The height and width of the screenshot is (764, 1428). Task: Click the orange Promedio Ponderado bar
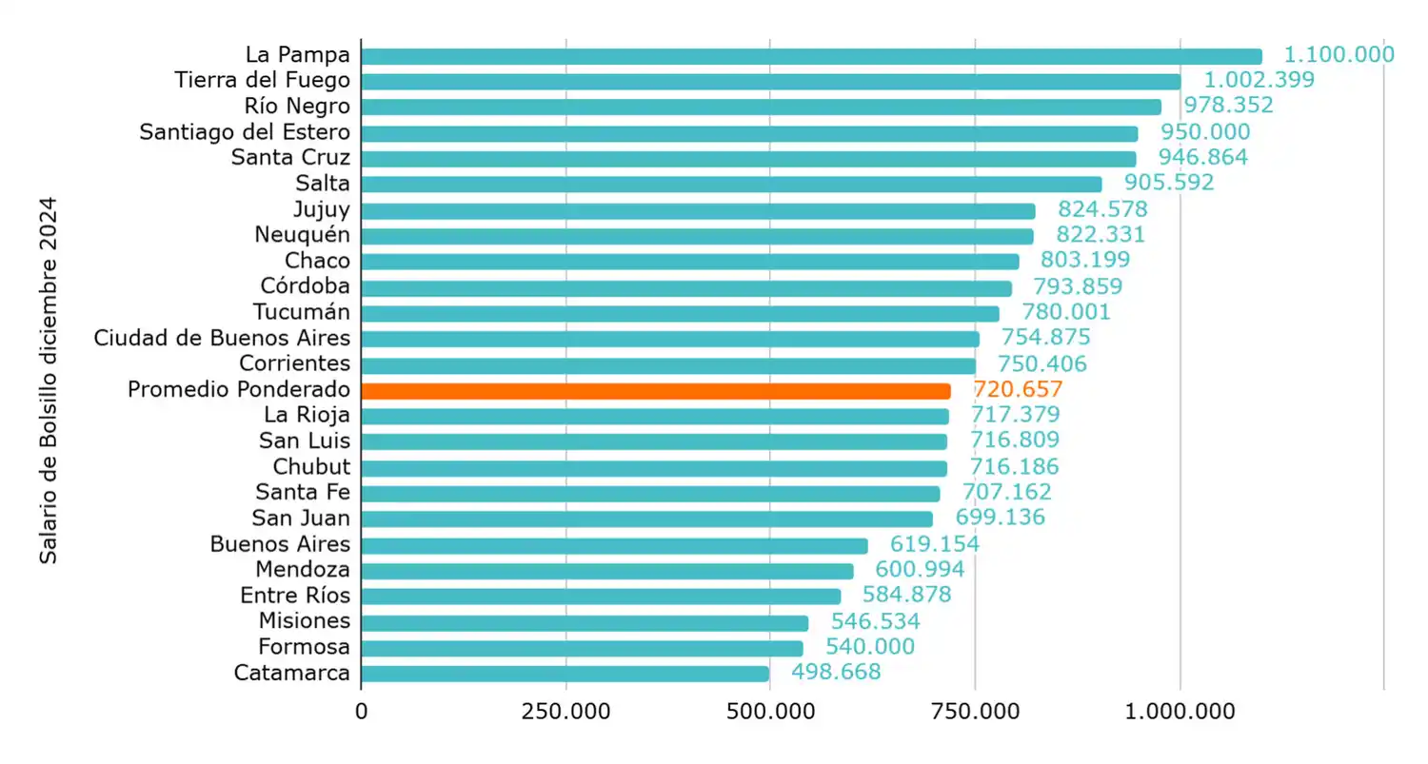(656, 390)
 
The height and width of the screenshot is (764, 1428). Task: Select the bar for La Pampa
(811, 56)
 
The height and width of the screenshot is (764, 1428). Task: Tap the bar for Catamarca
(565, 674)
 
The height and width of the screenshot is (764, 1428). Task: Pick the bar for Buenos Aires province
(614, 545)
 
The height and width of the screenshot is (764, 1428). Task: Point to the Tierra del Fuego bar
(770, 81)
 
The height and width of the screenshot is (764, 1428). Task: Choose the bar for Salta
(731, 184)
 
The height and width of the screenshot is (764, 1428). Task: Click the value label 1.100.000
(1339, 55)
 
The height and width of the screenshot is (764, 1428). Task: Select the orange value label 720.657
(1017, 389)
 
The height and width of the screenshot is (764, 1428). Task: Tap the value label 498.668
(836, 672)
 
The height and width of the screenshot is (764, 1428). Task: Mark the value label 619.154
(934, 543)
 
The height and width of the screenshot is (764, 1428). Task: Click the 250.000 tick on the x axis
(566, 711)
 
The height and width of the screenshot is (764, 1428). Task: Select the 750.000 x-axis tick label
(975, 711)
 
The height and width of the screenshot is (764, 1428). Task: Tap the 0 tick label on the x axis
(361, 711)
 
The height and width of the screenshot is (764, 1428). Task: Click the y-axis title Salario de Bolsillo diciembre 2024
(49, 381)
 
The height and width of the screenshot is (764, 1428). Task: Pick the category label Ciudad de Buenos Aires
(222, 338)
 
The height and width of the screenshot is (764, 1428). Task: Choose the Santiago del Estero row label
(245, 132)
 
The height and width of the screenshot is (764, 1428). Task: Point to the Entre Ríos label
(295, 596)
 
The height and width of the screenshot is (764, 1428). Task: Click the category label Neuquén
(302, 235)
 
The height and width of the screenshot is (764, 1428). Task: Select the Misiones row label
(305, 621)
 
